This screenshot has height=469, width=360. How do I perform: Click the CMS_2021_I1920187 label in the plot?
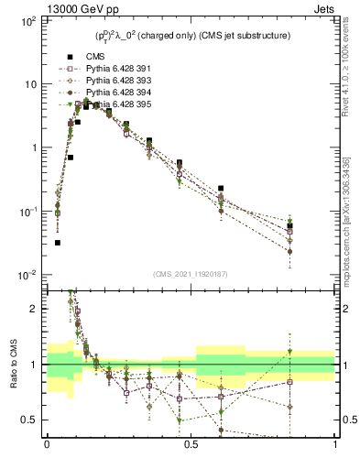(190, 273)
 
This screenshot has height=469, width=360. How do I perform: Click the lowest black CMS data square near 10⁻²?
(58, 243)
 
